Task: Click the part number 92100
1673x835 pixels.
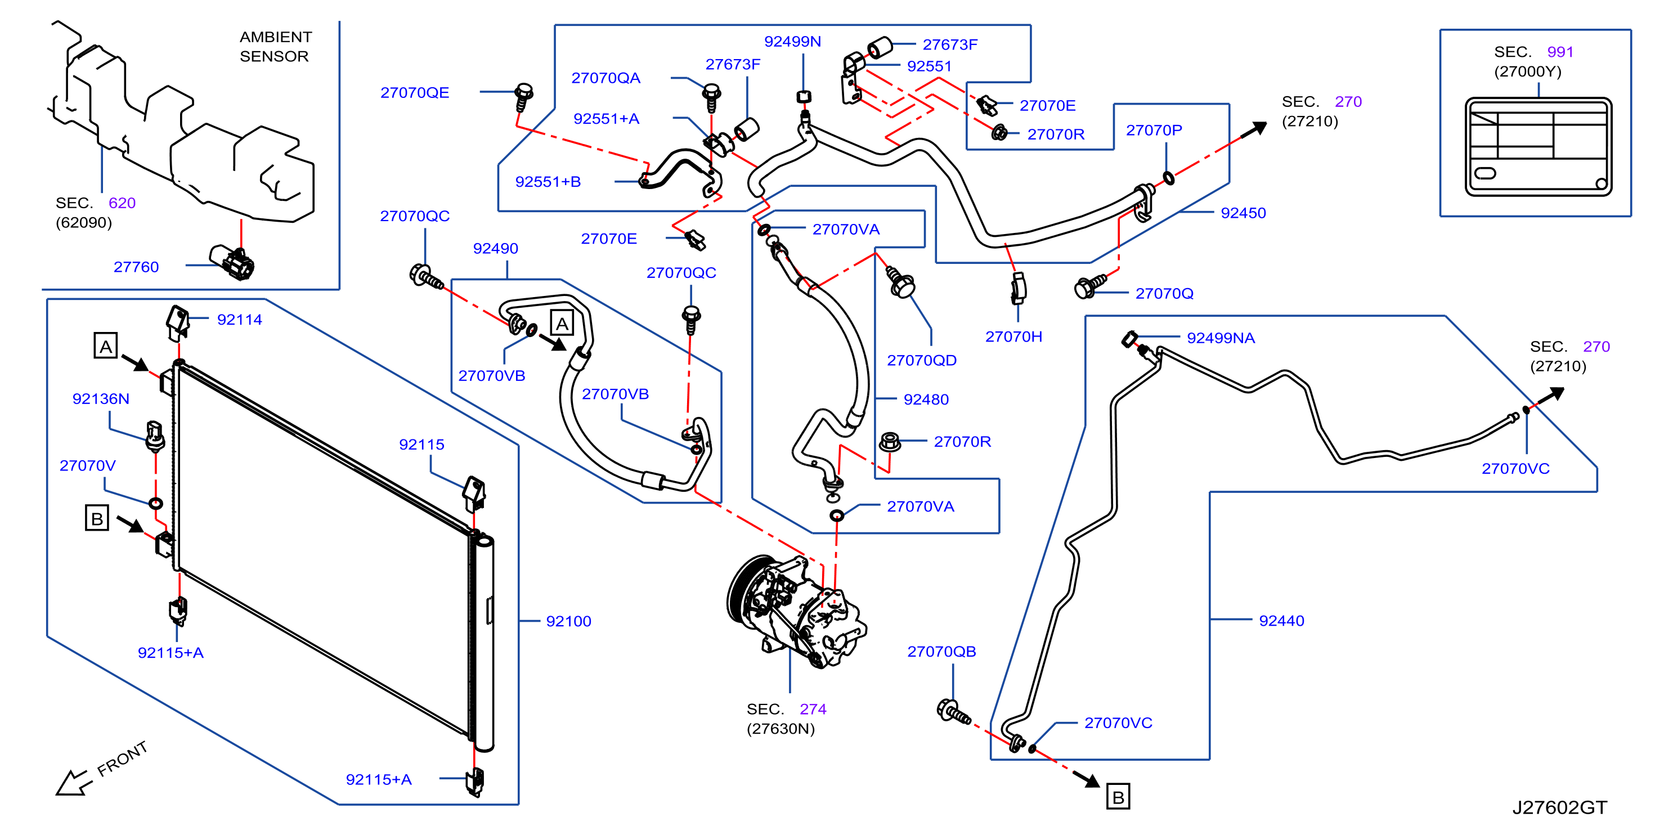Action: click(568, 621)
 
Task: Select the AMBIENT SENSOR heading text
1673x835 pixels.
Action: click(275, 46)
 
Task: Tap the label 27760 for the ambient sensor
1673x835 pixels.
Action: click(136, 267)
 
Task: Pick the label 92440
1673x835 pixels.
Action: click(1281, 621)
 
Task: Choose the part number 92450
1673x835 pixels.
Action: click(1243, 213)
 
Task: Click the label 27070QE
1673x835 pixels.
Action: click(414, 93)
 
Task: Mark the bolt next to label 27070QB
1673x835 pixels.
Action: click(953, 712)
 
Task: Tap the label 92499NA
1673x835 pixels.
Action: click(1221, 338)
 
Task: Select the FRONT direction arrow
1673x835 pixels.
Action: click(73, 781)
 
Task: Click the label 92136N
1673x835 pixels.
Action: click(101, 399)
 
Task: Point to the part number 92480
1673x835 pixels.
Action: click(926, 399)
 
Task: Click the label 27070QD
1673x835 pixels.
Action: click(922, 360)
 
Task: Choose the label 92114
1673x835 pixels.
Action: click(239, 320)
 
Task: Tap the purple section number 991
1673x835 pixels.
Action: click(1560, 52)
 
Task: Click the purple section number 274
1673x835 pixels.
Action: click(813, 709)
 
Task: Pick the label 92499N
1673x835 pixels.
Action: click(792, 42)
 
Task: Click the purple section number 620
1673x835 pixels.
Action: click(122, 203)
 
